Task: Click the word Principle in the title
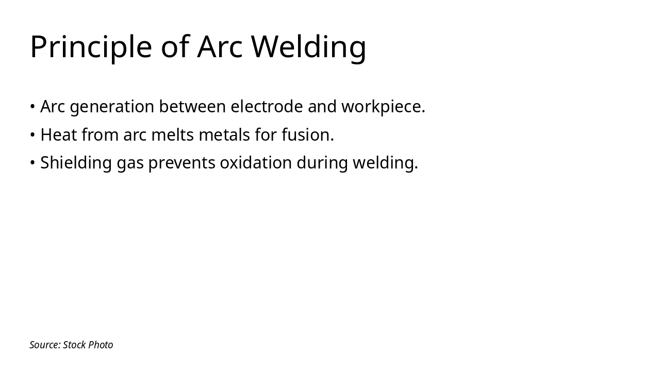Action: tap(91, 47)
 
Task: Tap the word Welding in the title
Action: tap(308, 47)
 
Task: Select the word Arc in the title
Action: tap(220, 47)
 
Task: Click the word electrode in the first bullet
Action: tap(267, 107)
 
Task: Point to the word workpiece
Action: tap(383, 107)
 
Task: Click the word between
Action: tap(192, 107)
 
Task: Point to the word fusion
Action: tap(307, 135)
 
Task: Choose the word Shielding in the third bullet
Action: tap(76, 163)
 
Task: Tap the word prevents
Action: tap(181, 163)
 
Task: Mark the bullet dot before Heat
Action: tap(32, 135)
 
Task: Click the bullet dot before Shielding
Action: tap(32, 163)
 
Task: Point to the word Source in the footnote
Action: tap(45, 345)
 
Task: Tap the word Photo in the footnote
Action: tap(101, 345)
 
